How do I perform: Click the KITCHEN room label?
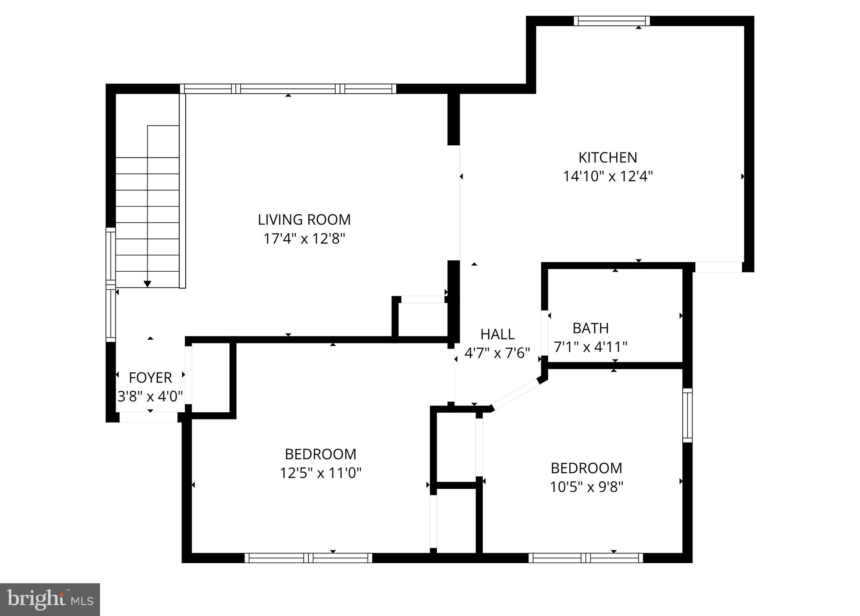[x=608, y=157]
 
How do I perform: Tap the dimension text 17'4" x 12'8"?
[x=304, y=239]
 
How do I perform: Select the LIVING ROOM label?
[x=304, y=220]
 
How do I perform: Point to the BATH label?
[x=590, y=328]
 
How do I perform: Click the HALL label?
[x=497, y=334]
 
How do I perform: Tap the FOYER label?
[x=150, y=378]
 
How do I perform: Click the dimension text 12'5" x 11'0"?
[x=321, y=473]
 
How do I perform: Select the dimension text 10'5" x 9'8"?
[x=586, y=487]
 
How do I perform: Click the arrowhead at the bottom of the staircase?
[x=147, y=284]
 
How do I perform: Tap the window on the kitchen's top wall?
[x=611, y=21]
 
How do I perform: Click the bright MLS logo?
[x=50, y=599]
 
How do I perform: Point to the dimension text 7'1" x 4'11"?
[x=590, y=347]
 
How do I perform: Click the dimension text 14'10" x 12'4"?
[x=608, y=176]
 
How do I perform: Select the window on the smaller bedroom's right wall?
[x=687, y=415]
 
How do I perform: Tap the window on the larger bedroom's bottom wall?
[x=308, y=558]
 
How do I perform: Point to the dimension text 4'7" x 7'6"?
[x=497, y=353]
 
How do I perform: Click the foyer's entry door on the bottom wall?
[x=149, y=417]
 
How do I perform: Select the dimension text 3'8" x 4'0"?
[x=150, y=396]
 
